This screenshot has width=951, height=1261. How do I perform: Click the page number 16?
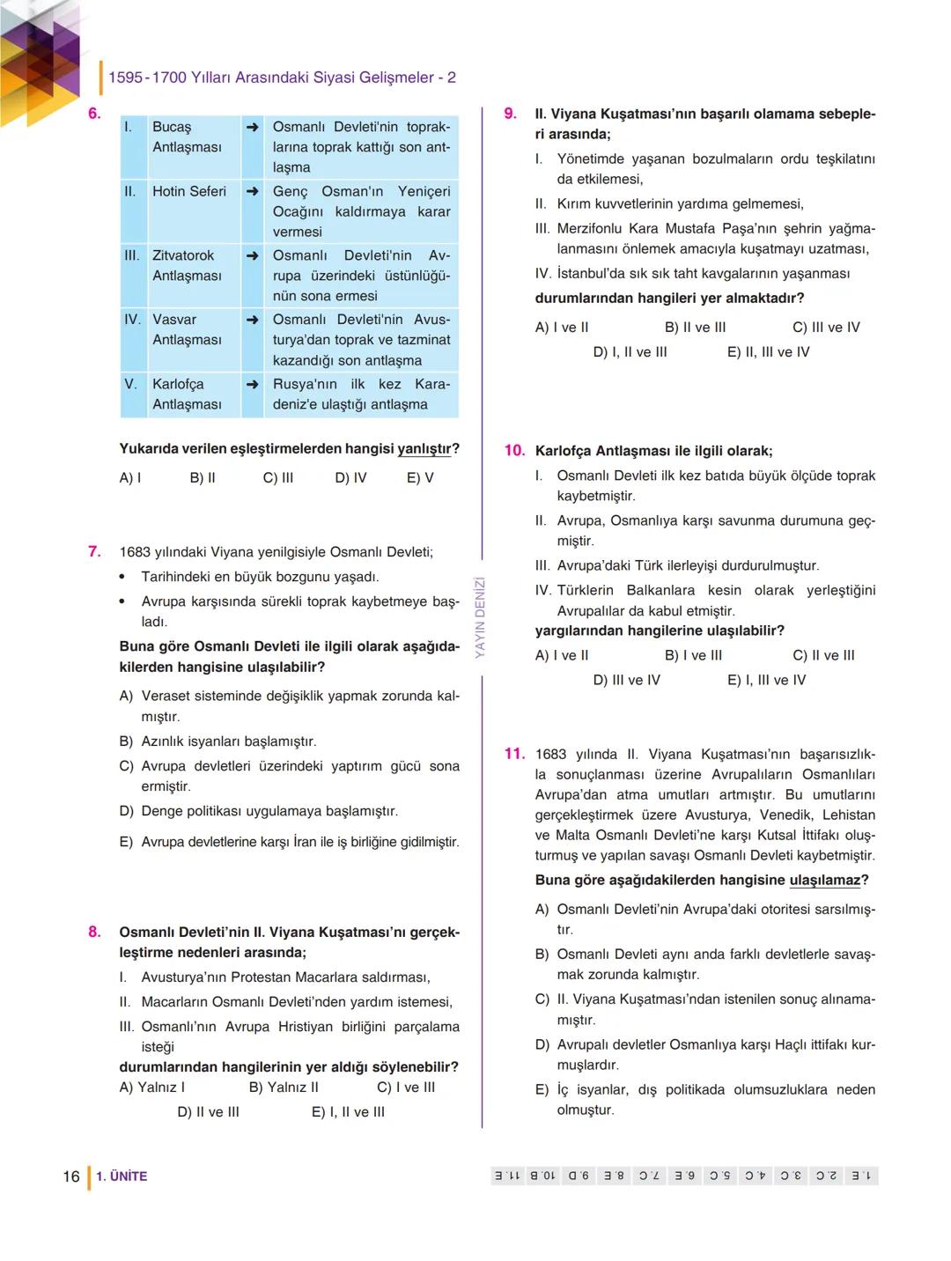71,1176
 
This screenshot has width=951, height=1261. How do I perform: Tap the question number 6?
94,113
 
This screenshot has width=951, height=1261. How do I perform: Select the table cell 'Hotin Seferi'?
188,192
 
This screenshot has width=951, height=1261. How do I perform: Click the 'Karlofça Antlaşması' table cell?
187,395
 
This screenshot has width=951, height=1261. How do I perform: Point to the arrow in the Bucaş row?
253,128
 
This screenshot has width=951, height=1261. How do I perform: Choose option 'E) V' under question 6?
420,478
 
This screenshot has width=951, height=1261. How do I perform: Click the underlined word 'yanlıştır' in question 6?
424,449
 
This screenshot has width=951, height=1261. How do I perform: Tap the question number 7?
94,552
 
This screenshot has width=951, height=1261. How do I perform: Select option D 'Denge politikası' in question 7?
269,811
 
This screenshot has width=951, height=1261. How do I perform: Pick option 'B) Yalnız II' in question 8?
284,1088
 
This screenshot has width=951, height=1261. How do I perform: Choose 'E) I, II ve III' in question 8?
348,1112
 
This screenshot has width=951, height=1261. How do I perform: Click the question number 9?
510,114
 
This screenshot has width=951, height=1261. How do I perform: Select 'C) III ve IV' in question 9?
826,328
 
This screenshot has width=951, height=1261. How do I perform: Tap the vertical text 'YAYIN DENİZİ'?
481,617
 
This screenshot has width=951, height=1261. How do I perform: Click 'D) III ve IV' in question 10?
626,681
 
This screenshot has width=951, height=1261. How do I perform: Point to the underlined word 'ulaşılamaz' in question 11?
824,881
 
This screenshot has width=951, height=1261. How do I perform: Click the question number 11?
514,754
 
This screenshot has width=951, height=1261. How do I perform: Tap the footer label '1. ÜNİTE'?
122,1176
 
